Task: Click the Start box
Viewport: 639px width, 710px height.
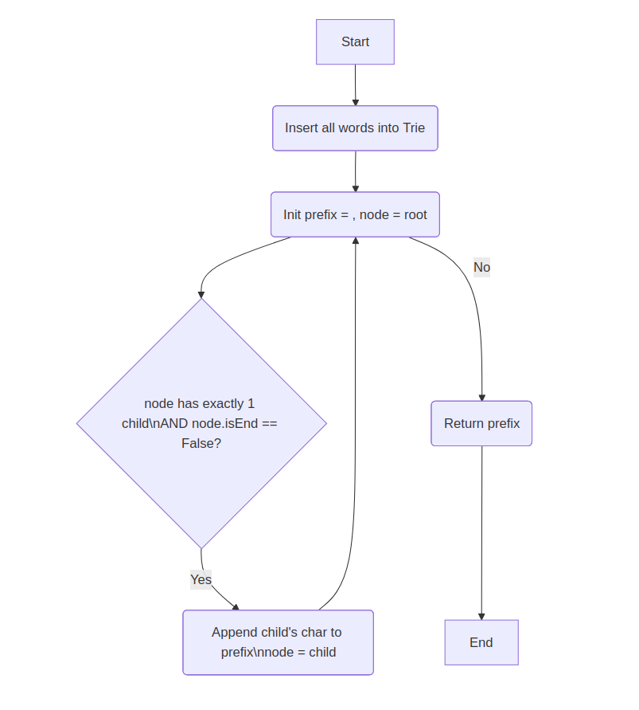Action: [x=355, y=42]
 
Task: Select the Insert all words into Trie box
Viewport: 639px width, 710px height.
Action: [x=355, y=128]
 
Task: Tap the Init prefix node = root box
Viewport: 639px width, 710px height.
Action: [x=355, y=214]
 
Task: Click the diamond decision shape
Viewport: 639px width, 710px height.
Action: [x=201, y=423]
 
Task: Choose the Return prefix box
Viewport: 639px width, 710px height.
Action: [x=481, y=423]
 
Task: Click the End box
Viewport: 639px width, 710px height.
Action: [x=481, y=642]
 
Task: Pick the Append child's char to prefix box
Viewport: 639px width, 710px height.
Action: [x=278, y=642]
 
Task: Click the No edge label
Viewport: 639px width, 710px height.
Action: [x=481, y=267]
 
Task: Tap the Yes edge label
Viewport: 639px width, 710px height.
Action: [x=201, y=579]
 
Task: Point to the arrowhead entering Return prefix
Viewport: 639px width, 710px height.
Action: [x=481, y=397]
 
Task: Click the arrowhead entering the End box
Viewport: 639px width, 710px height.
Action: [x=481, y=616]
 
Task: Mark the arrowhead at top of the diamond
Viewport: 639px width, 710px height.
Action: [x=201, y=294]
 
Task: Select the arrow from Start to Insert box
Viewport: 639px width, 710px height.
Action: [x=355, y=84]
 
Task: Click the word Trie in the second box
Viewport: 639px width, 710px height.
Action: [x=414, y=128]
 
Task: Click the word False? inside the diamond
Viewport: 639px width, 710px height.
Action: [x=201, y=444]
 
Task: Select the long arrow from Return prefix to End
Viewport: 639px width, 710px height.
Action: [x=481, y=530]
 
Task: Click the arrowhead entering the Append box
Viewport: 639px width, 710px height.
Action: [x=236, y=606]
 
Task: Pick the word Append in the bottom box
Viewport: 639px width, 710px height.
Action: [x=234, y=633]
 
